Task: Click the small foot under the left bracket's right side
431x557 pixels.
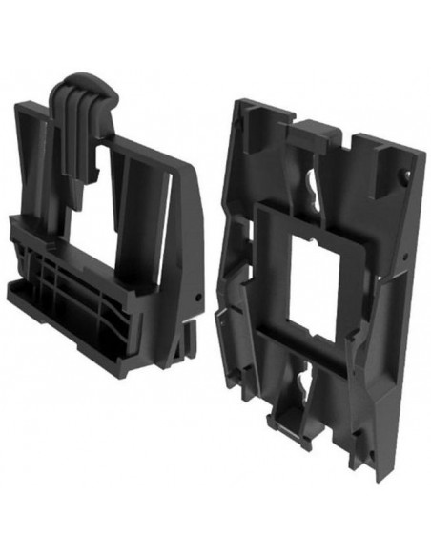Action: coord(191,329)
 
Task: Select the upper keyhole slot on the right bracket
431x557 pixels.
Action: coord(312,182)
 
